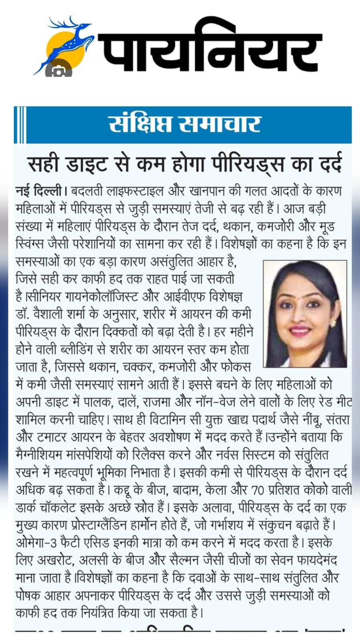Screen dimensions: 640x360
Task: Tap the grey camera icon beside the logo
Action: click(x=59, y=71)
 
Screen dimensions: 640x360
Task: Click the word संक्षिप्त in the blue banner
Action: click(x=140, y=124)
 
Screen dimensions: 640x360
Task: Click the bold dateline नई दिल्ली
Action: click(x=39, y=191)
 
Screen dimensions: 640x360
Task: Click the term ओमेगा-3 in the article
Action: click(x=36, y=543)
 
